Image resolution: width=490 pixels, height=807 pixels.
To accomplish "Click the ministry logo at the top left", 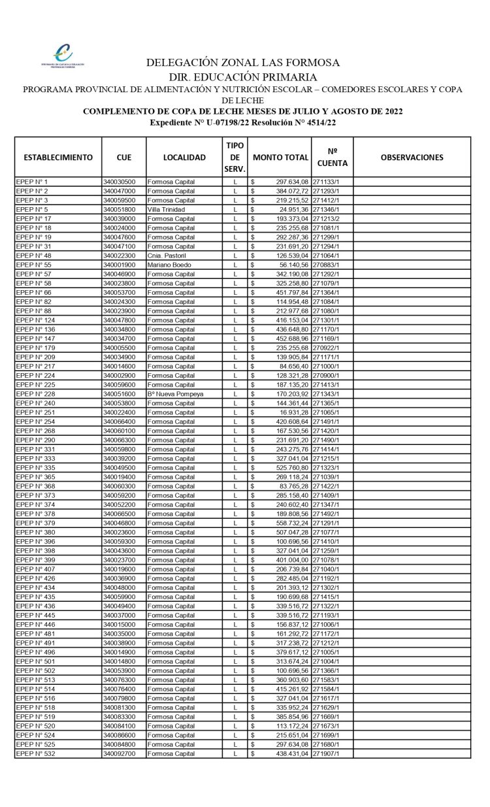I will [x=63, y=55].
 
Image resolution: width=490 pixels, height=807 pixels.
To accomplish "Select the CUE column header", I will [x=123, y=157].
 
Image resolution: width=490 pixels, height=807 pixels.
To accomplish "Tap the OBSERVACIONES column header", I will [x=412, y=157].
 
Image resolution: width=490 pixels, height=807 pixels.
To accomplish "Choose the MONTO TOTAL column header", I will [x=280, y=157].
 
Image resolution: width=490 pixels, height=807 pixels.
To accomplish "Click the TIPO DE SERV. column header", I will [x=235, y=157].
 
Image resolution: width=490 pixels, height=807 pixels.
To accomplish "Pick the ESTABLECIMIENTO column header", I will [x=58, y=157].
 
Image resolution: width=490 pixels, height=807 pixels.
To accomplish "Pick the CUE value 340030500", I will [x=119, y=182].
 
